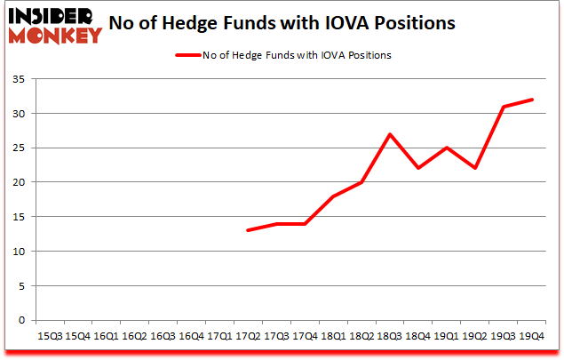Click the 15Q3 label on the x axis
click(49, 336)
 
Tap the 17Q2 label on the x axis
click(248, 336)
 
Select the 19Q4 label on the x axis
click(532, 336)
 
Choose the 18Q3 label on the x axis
click(390, 336)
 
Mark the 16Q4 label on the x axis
click(191, 336)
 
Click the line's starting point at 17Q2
click(248, 230)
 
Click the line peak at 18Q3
click(390, 134)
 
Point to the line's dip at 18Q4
click(418, 169)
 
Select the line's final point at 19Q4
click(532, 100)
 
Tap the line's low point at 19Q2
click(475, 169)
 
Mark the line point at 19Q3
click(504, 107)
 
